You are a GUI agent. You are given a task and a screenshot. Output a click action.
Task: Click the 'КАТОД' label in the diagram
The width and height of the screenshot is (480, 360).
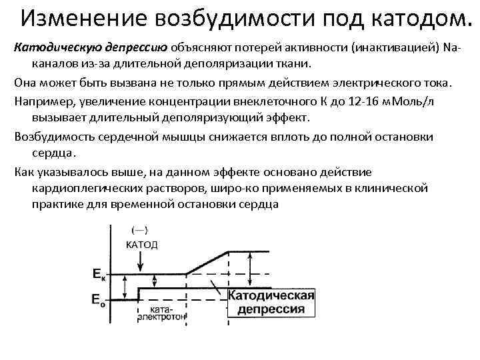[x=141, y=244]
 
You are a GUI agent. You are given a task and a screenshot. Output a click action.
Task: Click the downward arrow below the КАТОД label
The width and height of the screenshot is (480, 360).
[x=139, y=261]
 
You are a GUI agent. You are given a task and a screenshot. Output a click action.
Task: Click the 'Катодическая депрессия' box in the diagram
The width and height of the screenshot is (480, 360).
[x=271, y=302]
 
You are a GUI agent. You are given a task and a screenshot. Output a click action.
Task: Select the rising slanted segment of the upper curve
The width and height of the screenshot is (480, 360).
[x=207, y=262]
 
